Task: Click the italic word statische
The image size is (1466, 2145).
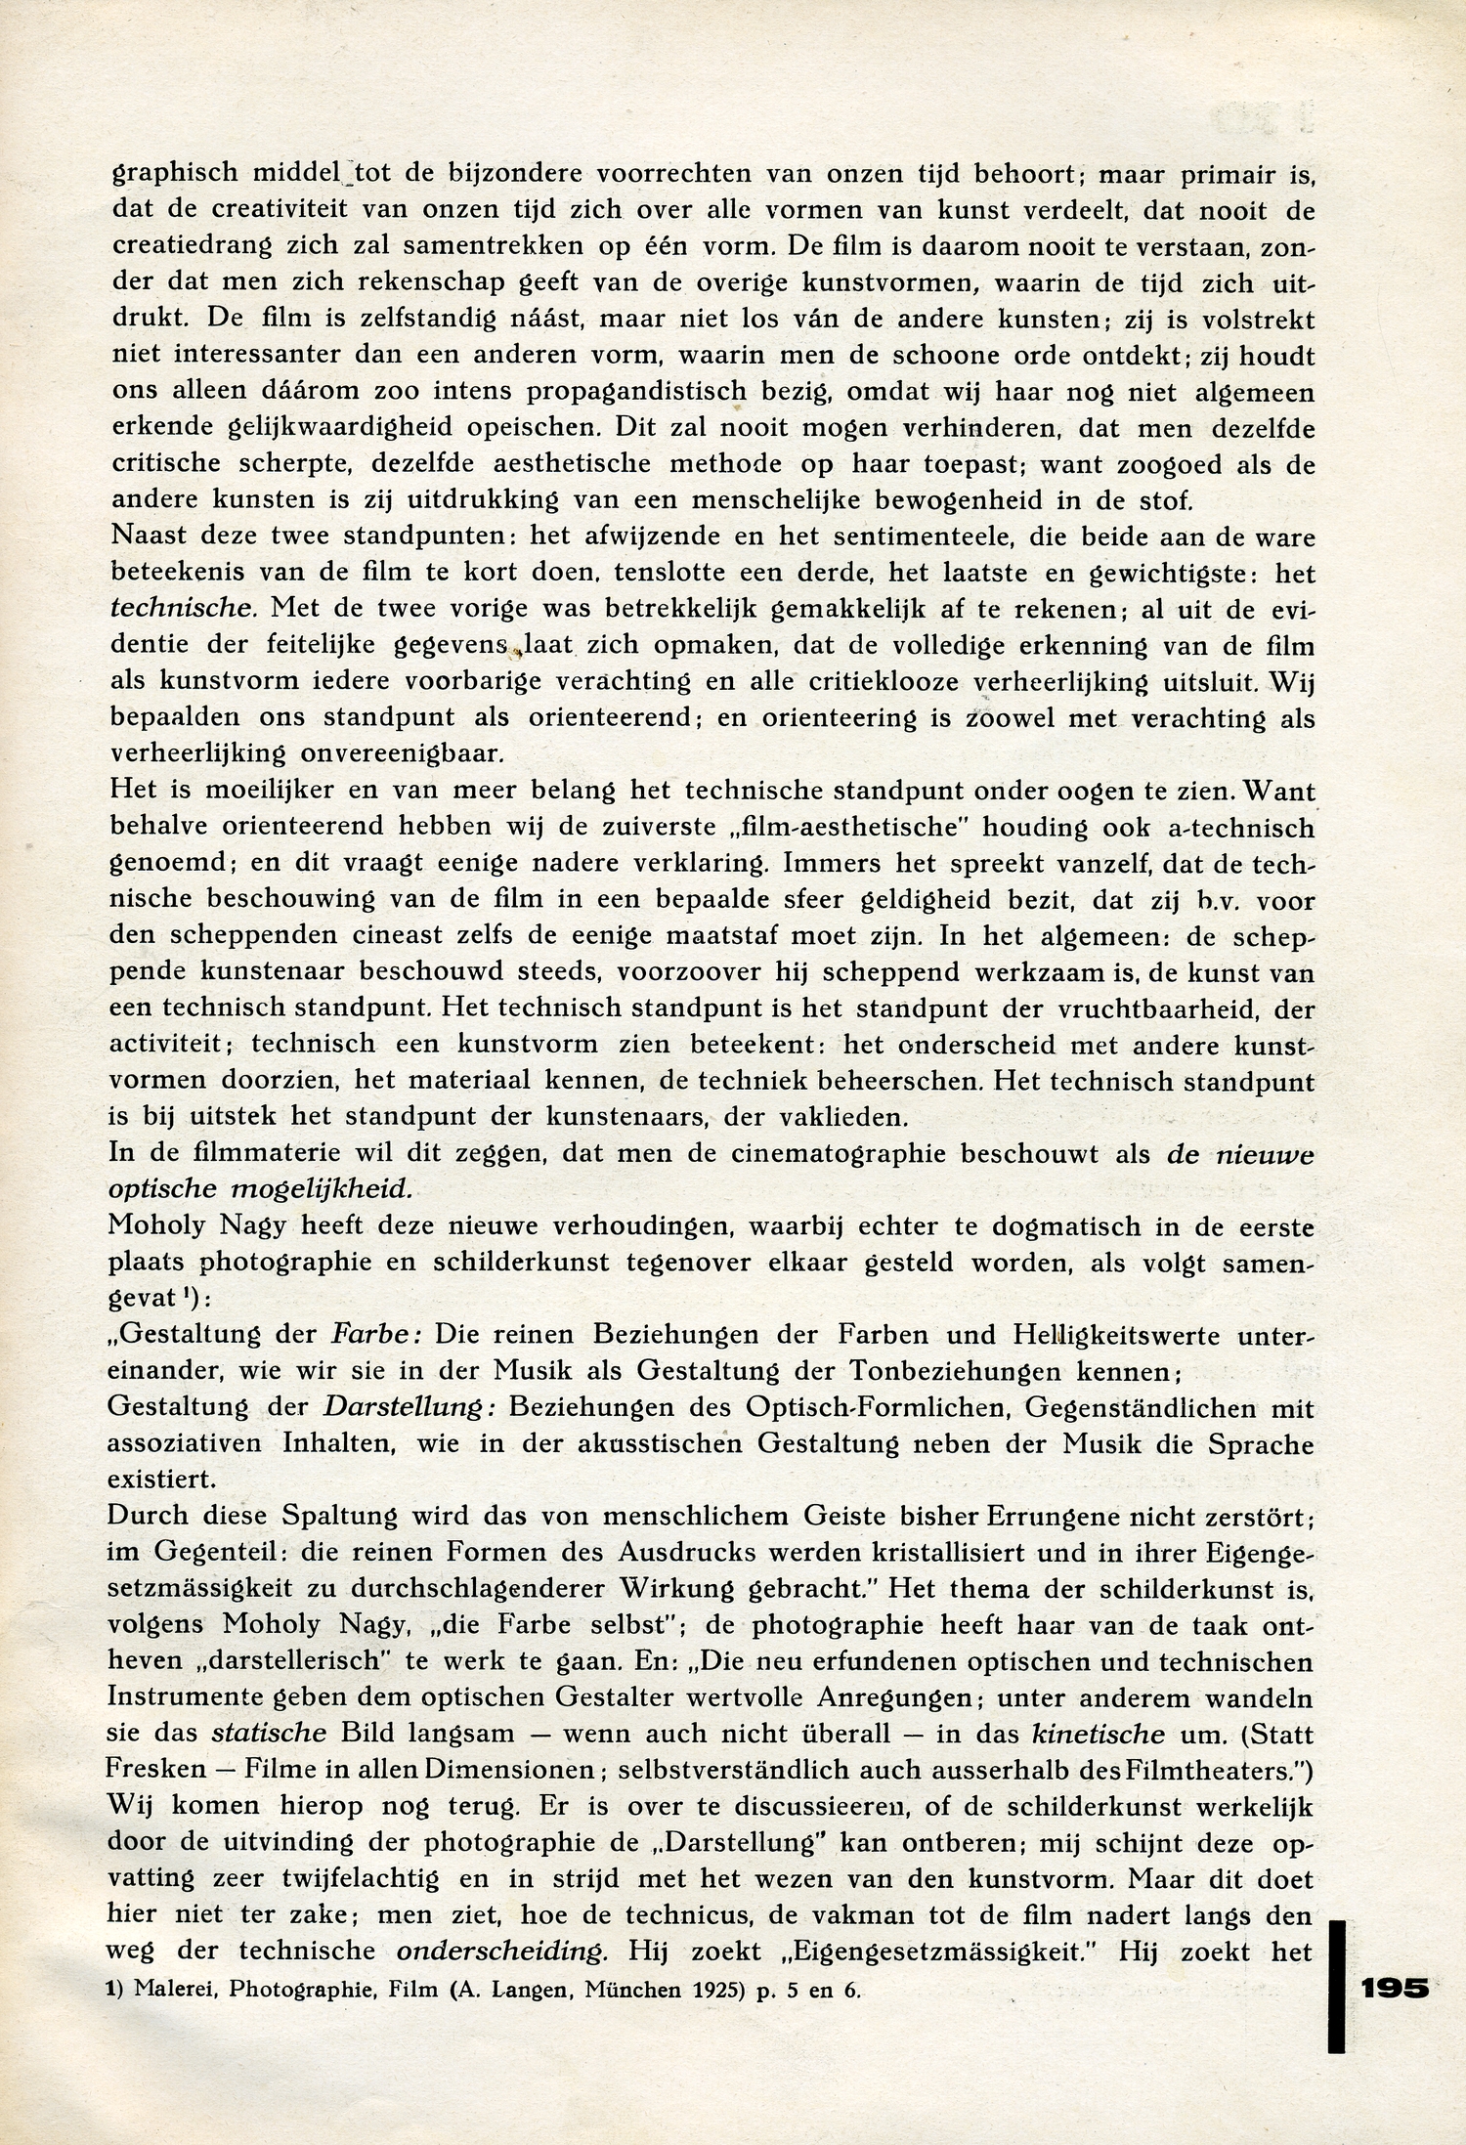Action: pyautogui.click(x=269, y=1734)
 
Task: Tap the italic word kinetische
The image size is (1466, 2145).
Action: pyautogui.click(x=1099, y=1734)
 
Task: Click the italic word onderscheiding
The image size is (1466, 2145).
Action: pyautogui.click(x=503, y=1952)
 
